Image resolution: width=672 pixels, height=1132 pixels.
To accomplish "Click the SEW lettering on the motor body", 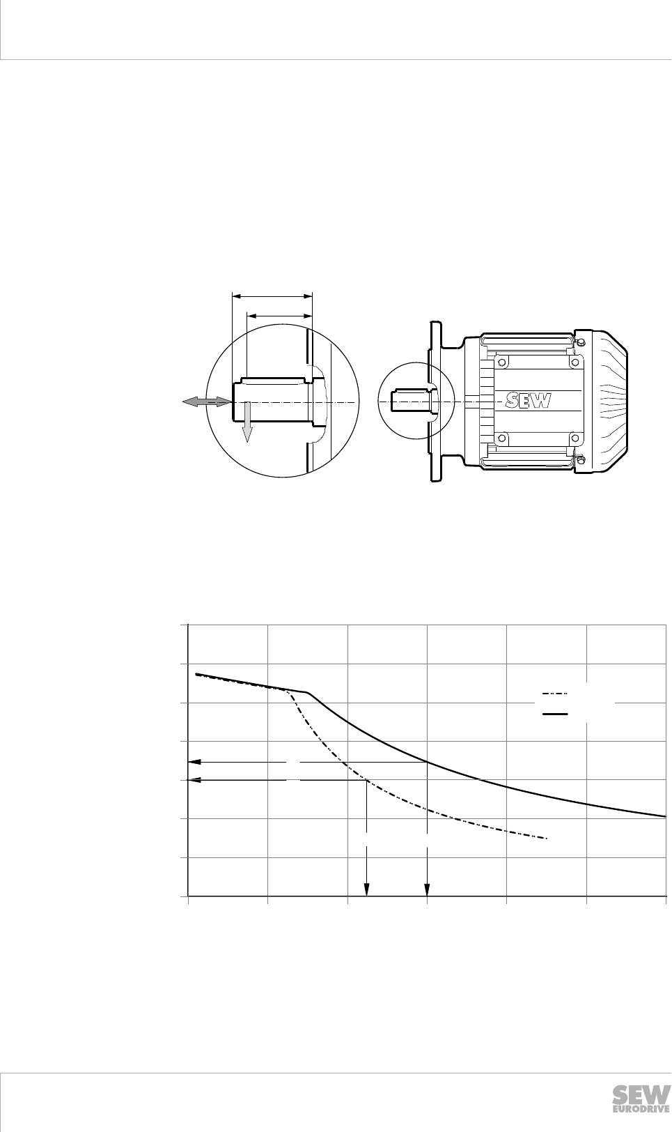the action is pos(529,401).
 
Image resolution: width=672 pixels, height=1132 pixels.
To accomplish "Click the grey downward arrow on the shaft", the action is pos(247,422).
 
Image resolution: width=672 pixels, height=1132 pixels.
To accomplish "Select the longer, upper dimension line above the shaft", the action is pos(272,297).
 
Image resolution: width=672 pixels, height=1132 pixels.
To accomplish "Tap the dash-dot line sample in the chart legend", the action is pos(555,694).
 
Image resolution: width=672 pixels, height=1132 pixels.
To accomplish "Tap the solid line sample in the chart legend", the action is pos(555,714).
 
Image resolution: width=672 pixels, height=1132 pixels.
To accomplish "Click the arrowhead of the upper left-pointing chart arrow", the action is pos(194,761).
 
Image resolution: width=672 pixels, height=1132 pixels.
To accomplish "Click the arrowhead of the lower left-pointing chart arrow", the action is pos(194,780).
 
